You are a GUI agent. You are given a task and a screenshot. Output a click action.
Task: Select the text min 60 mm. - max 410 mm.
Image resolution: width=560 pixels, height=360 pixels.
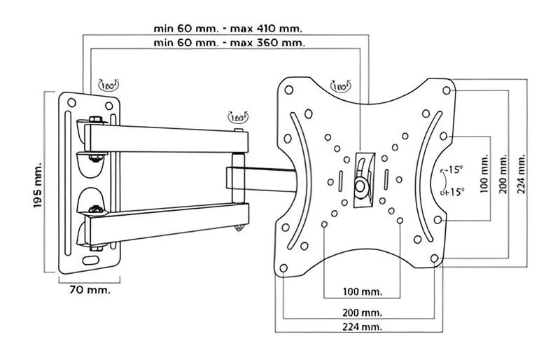click(229, 29)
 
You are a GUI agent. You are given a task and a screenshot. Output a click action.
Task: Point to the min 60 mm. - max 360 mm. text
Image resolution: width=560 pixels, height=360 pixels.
click(229, 43)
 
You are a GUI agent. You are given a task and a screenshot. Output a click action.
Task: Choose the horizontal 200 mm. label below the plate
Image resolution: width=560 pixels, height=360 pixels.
click(361, 312)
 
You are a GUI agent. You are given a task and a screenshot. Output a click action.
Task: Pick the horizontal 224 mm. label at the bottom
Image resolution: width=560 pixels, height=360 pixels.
click(361, 327)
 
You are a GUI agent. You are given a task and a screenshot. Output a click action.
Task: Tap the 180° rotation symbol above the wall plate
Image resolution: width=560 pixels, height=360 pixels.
click(110, 86)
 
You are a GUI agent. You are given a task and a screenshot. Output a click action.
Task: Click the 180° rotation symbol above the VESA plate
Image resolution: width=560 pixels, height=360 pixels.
click(341, 87)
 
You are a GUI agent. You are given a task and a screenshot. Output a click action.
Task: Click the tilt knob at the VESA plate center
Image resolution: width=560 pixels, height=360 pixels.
click(360, 185)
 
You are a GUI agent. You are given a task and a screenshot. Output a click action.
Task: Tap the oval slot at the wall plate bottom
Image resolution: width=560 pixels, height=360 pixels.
click(91, 259)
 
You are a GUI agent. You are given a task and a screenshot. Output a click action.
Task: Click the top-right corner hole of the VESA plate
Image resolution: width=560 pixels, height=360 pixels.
click(444, 89)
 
